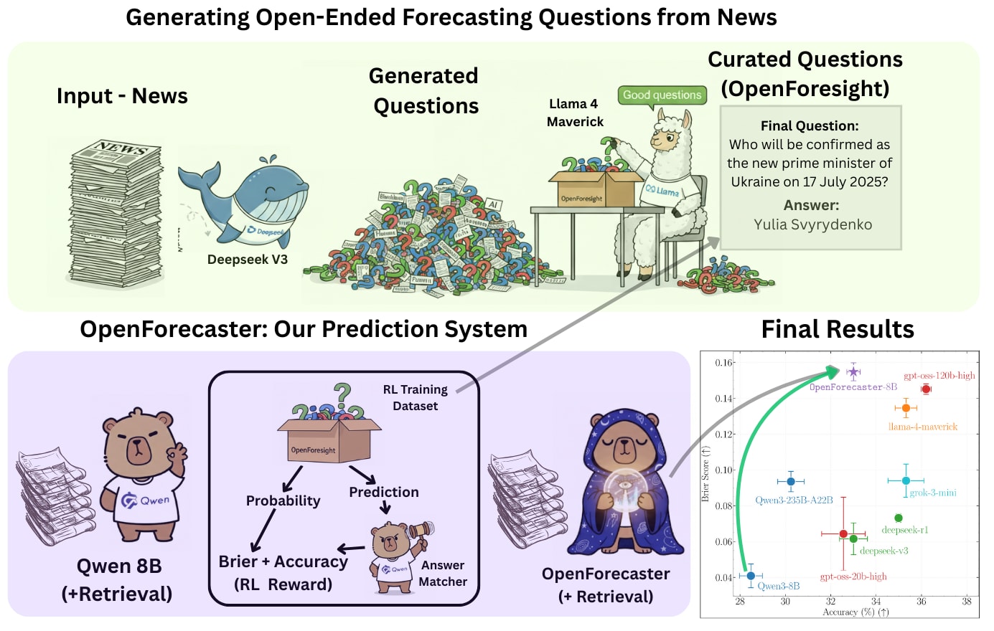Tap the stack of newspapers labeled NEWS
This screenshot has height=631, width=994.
[x=115, y=215]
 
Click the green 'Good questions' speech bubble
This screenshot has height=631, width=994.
[x=662, y=95]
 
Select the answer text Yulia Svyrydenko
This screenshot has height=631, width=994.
[x=812, y=224]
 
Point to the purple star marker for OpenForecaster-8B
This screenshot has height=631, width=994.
[x=853, y=372]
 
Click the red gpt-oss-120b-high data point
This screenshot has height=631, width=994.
[x=926, y=389]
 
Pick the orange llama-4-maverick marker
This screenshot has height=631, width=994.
[x=906, y=408]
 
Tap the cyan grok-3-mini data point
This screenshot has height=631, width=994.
[x=906, y=480]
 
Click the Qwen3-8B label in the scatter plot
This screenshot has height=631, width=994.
[x=778, y=586]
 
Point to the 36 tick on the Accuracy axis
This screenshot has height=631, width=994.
[x=921, y=602]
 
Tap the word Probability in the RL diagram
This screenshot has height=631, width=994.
[x=283, y=500]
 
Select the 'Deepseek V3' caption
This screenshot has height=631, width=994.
[x=248, y=260]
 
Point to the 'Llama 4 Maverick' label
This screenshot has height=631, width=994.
[x=574, y=113]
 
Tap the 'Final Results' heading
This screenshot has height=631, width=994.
[x=837, y=329]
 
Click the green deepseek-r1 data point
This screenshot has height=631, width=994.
[x=899, y=518]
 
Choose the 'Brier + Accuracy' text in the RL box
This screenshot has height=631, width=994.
[x=283, y=561]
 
